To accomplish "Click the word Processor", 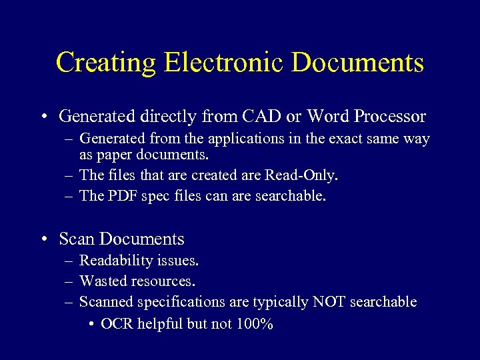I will tap(390, 117).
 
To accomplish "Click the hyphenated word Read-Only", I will tap(301, 175).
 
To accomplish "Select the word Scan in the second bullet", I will tap(77, 239).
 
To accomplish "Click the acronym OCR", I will tap(116, 324).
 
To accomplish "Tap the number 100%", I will tap(255, 324).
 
